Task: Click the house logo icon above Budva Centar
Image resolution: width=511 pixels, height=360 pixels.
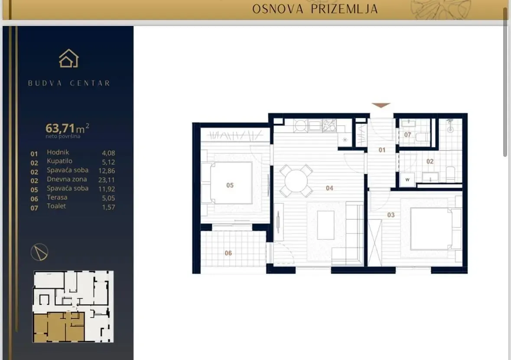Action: [x=69, y=58]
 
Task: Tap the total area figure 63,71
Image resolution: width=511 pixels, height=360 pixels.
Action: [x=60, y=128]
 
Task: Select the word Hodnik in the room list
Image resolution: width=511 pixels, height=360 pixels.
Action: [x=58, y=152]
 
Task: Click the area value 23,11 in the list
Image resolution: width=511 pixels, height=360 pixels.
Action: [x=107, y=179]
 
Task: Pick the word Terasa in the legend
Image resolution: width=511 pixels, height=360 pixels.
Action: [x=57, y=197]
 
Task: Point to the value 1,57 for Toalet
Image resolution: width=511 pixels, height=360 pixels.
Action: [x=108, y=207]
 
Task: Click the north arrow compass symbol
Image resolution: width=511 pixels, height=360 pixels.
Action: [x=39, y=252]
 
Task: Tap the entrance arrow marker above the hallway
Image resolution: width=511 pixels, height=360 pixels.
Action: [x=381, y=105]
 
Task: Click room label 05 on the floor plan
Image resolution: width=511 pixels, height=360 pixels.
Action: [x=230, y=185]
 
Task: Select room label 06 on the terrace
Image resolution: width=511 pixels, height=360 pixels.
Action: [x=228, y=253]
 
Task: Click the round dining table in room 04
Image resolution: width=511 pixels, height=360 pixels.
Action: [x=296, y=181]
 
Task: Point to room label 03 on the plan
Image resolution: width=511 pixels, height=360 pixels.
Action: [x=391, y=215]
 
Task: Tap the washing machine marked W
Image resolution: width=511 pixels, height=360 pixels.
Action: [x=407, y=180]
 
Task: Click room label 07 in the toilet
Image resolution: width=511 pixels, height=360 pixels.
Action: [x=407, y=135]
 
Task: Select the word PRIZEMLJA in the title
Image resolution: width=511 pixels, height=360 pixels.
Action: [x=344, y=9]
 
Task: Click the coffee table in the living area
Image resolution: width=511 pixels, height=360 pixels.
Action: [x=325, y=225]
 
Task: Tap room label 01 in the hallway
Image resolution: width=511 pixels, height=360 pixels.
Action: [x=382, y=150]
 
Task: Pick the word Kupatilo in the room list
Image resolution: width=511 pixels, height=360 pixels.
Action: [x=60, y=161]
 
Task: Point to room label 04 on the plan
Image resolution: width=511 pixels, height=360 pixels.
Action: [x=329, y=188]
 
